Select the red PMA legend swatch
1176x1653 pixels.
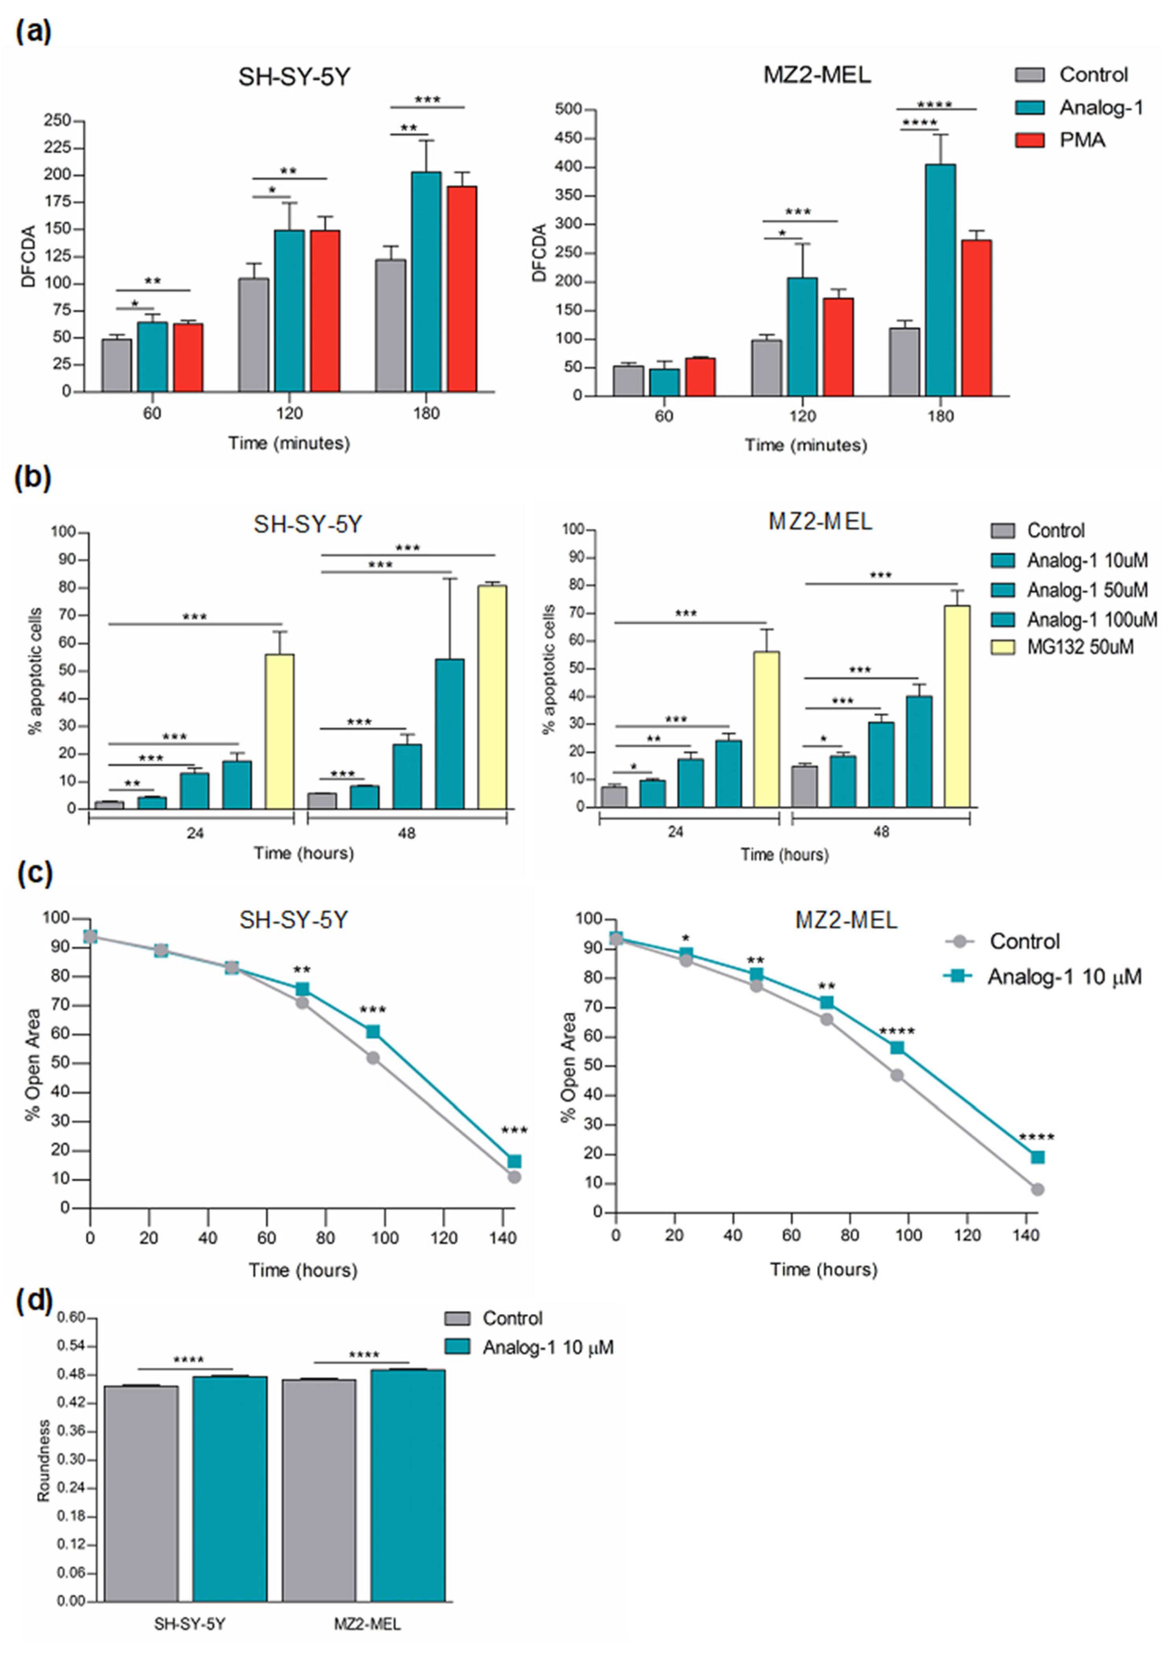click(x=1029, y=140)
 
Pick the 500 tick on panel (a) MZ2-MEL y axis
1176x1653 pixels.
click(x=569, y=110)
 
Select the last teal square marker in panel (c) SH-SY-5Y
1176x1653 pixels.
click(x=514, y=1161)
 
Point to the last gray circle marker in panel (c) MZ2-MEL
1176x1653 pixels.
click(x=1037, y=1189)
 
